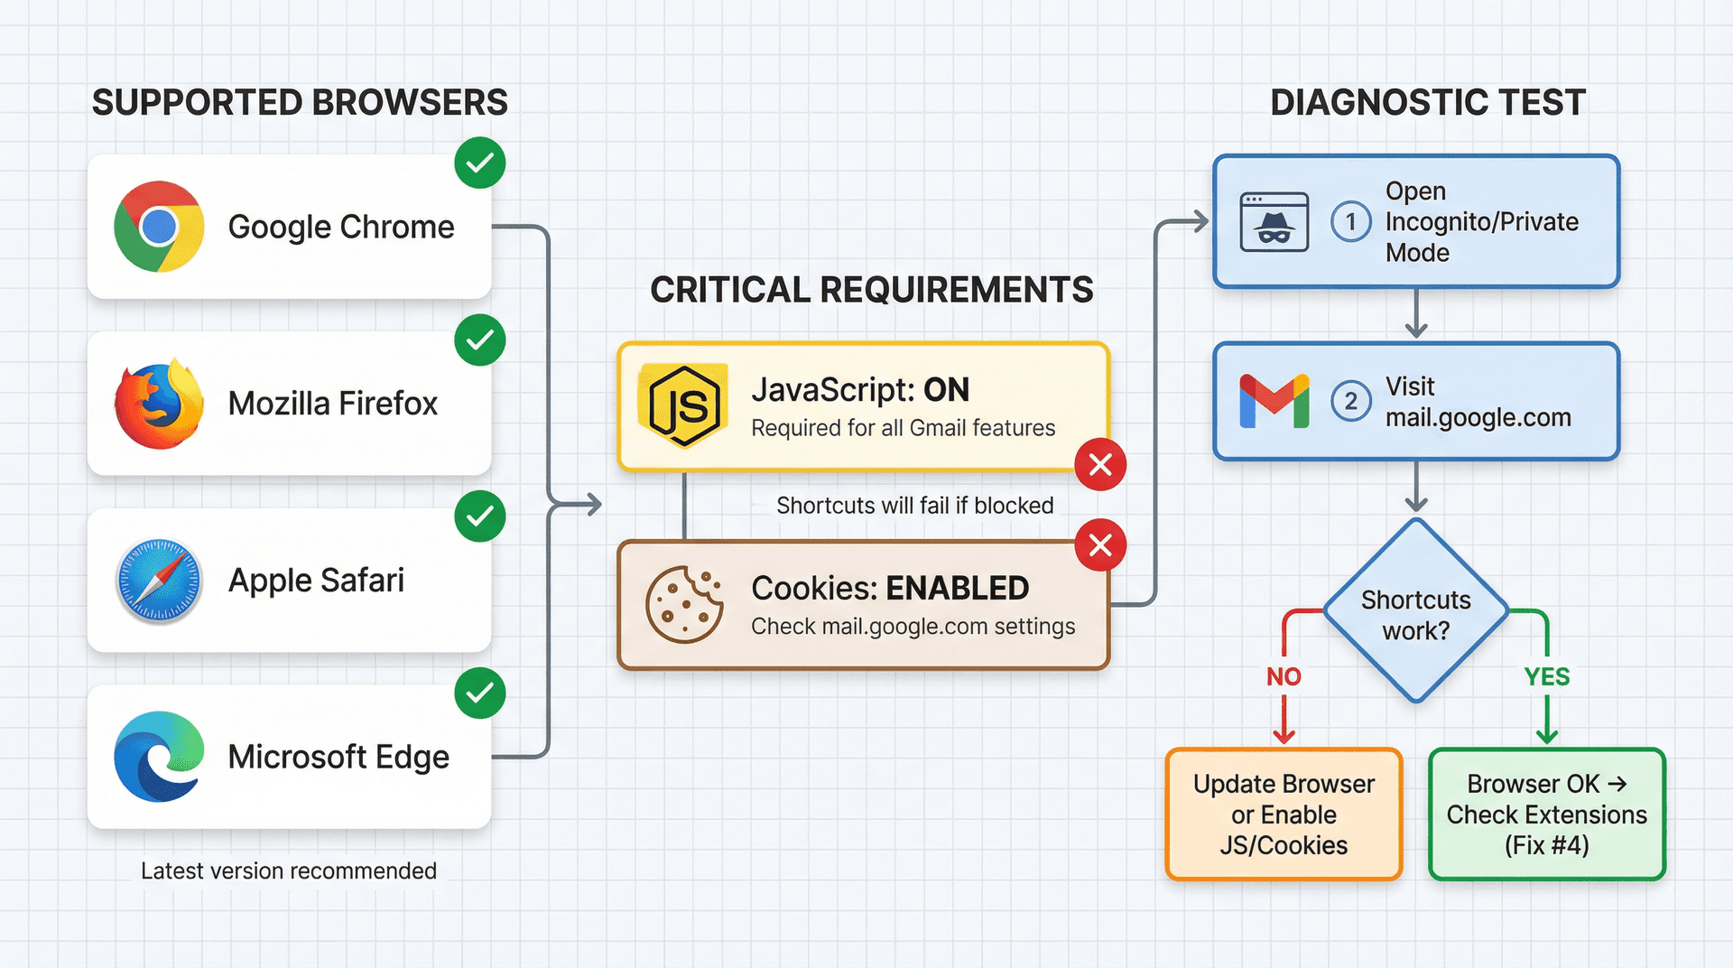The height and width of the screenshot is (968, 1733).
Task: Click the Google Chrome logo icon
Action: click(x=159, y=227)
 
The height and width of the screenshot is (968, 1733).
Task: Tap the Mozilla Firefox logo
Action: click(x=159, y=404)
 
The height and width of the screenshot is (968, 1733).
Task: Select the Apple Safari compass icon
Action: click(x=159, y=581)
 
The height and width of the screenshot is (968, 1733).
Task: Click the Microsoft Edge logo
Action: click(x=159, y=757)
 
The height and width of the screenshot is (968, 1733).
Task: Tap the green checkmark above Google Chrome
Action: click(x=479, y=163)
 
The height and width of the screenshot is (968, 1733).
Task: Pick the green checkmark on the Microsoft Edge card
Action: click(x=479, y=693)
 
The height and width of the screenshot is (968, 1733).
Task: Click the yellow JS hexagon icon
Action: click(x=684, y=406)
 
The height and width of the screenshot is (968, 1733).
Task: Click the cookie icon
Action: click(x=684, y=605)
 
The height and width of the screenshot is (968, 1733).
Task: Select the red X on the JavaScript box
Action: click(x=1100, y=465)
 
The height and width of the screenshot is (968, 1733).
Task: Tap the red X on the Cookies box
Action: click(x=1100, y=545)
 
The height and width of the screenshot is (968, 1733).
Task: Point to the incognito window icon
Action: click(x=1274, y=222)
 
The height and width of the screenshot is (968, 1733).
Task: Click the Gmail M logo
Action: click(x=1274, y=401)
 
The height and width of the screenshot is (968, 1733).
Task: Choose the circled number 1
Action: click(x=1350, y=222)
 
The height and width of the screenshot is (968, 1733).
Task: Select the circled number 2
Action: click(x=1350, y=401)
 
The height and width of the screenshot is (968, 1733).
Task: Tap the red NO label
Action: click(x=1284, y=676)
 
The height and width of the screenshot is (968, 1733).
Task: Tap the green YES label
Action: click(x=1546, y=676)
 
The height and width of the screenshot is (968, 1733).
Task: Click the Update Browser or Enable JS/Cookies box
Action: click(x=1284, y=814)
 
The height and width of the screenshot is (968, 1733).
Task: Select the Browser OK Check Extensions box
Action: click(x=1546, y=814)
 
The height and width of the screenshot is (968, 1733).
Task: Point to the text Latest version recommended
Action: click(x=289, y=870)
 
